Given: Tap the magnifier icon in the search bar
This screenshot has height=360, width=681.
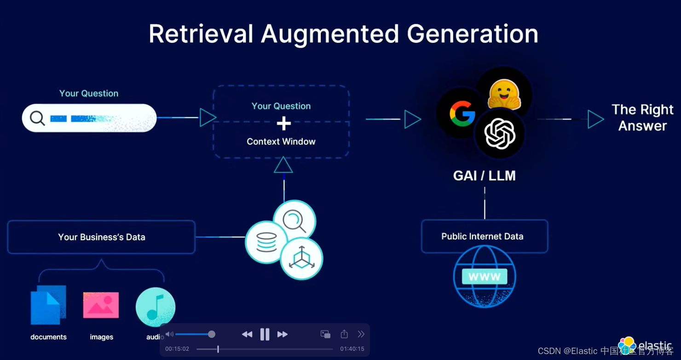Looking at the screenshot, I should coord(37,118).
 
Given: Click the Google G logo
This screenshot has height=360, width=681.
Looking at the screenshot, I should coord(462,113).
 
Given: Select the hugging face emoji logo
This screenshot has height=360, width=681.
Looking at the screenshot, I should coord(504,94).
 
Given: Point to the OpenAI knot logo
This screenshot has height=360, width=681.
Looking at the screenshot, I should coord(500,134).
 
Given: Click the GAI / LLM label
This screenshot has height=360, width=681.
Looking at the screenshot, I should coord(484,175).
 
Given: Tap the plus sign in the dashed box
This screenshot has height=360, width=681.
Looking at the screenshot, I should coord(284,123).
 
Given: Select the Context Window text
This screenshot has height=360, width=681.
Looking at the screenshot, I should coord(281,142).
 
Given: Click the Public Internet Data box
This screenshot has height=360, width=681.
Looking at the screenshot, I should coord(484,237).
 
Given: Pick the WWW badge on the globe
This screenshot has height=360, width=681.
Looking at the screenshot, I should coord(485,277).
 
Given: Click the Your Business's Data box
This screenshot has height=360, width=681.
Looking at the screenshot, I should coord(101,237).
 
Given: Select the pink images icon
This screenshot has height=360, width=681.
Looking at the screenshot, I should coord(101,305).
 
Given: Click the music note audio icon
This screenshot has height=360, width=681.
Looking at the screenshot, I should coord(156,307).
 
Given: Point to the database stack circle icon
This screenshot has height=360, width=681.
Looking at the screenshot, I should coord(266,242).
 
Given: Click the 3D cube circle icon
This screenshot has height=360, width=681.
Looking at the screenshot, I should coord(301,259).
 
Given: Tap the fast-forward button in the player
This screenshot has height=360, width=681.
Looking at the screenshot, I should coord(283,334).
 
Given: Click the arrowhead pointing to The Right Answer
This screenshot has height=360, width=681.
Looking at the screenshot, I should coord(595,119).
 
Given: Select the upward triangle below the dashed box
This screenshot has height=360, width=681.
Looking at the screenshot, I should coord(283,165).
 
